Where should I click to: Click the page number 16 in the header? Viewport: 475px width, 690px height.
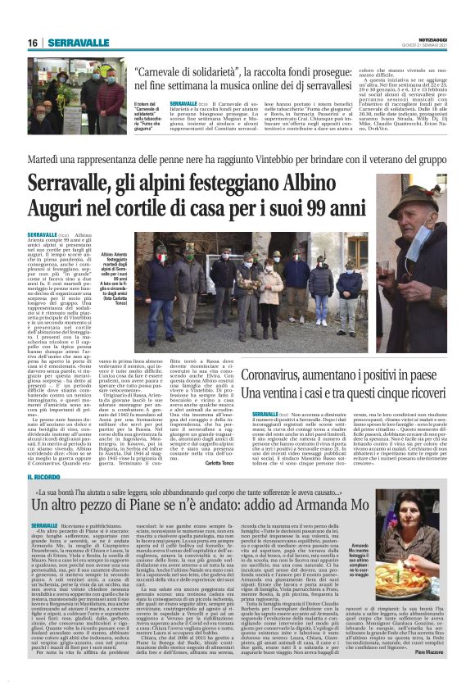(33, 43)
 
